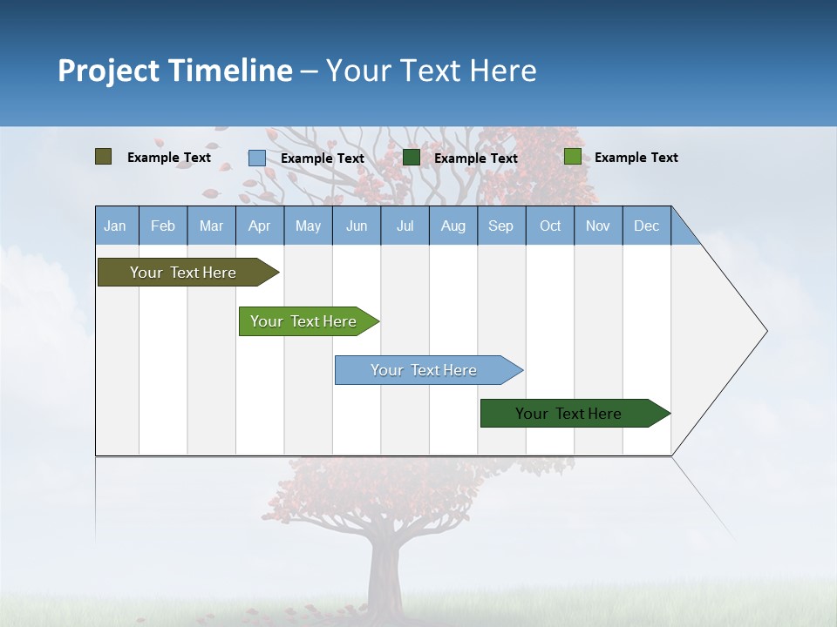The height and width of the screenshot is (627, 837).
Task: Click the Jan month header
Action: [115, 226]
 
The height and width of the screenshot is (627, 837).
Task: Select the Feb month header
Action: [163, 226]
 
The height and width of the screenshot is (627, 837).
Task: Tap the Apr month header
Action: [259, 226]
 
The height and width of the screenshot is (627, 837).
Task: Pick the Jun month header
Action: [357, 226]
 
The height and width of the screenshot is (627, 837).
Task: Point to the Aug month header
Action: [453, 226]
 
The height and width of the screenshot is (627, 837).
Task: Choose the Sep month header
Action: [500, 226]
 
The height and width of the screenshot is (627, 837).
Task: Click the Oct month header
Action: [550, 226]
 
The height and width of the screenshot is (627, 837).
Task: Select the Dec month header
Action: [646, 226]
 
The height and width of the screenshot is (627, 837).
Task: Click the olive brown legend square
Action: [104, 157]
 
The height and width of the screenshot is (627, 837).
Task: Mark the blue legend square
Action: [257, 158]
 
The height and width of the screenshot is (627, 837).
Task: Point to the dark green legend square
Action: [412, 158]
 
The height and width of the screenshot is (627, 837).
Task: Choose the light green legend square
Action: [572, 157]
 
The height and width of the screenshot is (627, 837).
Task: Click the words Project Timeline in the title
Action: [175, 71]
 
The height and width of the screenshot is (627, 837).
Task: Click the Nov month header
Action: [598, 226]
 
